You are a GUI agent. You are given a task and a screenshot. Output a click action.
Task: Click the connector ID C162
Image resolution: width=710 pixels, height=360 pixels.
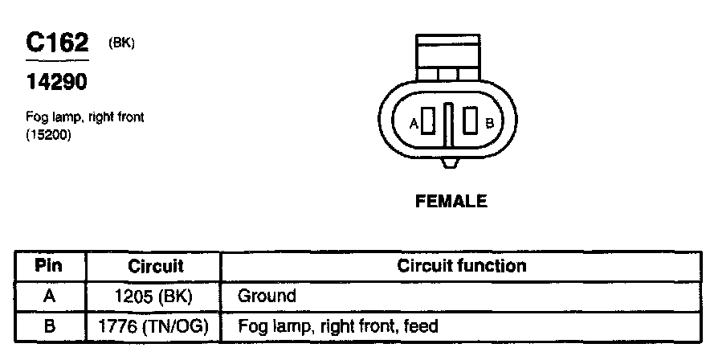pyautogui.click(x=56, y=42)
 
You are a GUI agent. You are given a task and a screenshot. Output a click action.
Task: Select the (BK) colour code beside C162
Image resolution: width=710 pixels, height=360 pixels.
pyautogui.click(x=120, y=43)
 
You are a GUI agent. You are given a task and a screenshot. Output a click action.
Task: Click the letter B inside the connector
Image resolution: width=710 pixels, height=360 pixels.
pyautogui.click(x=489, y=123)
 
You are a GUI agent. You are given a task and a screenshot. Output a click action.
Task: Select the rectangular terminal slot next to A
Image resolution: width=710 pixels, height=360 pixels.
pyautogui.click(x=429, y=123)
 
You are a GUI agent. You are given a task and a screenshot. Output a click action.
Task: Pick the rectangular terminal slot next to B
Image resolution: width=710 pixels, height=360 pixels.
pyautogui.click(x=471, y=123)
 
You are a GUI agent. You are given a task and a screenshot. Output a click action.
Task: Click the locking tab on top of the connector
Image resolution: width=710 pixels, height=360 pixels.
pyautogui.click(x=450, y=56)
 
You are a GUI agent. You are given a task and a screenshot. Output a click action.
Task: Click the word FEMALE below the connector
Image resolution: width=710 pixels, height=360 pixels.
pyautogui.click(x=451, y=202)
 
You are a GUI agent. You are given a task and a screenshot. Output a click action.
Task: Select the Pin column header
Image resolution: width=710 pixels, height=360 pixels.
pyautogui.click(x=49, y=265)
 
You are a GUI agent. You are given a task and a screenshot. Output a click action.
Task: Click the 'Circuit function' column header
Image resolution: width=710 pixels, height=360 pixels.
pyautogui.click(x=462, y=265)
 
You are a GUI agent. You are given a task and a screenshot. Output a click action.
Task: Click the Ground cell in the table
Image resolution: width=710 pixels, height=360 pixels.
pyautogui.click(x=267, y=296)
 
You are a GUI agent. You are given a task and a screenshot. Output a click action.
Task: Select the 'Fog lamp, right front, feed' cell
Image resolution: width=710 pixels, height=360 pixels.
pyautogui.click(x=337, y=326)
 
